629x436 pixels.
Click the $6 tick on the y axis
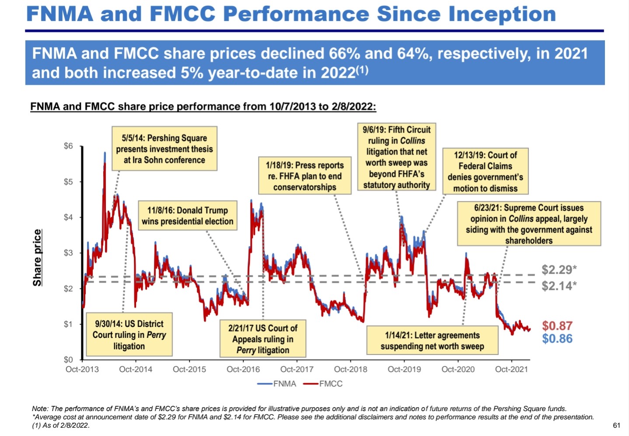point(68,146)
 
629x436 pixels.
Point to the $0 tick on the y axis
point(68,360)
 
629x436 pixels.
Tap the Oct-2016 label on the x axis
point(243,369)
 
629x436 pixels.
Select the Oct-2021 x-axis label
point(511,369)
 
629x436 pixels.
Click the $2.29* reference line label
point(559,270)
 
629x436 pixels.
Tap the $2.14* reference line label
point(559,286)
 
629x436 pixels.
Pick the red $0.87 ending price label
point(557,326)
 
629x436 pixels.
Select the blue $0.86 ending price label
point(557,338)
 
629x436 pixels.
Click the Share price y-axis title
point(38,258)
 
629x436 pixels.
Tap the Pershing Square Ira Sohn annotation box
point(164,149)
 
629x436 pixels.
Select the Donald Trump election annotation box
point(188,216)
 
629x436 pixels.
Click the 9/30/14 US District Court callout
point(129,335)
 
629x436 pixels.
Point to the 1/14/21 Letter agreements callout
point(432,341)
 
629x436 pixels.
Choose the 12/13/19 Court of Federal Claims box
point(485,172)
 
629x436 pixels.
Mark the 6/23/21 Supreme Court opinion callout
point(529,224)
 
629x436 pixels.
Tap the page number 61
point(617,425)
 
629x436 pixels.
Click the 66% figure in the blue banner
point(344,54)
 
